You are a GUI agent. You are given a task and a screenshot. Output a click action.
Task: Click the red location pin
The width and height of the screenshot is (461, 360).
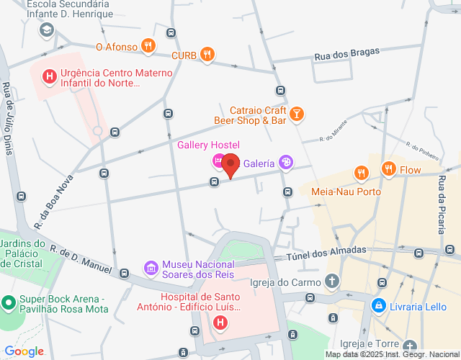[x=230, y=164]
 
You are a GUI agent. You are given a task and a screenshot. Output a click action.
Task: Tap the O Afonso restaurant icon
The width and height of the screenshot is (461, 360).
[x=148, y=46]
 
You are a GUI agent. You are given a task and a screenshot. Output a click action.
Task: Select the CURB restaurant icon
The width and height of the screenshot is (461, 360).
[x=207, y=53]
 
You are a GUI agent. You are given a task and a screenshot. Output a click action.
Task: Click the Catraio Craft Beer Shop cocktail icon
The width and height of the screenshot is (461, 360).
[x=296, y=114]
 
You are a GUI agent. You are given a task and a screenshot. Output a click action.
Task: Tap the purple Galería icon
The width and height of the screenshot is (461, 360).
[x=286, y=163]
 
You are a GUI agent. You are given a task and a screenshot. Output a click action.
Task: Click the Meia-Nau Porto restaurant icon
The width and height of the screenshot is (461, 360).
[x=362, y=173]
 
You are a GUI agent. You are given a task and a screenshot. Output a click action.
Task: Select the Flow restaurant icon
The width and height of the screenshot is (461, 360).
[x=389, y=169]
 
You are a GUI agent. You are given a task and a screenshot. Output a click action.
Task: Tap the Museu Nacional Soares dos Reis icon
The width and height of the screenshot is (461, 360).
[x=151, y=269]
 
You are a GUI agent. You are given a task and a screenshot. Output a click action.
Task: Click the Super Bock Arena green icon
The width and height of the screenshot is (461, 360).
[x=9, y=302]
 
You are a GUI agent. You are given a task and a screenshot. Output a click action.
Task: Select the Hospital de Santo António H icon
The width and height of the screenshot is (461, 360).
[x=220, y=325]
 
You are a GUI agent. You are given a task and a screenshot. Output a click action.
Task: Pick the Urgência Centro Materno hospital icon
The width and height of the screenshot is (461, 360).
[x=49, y=75]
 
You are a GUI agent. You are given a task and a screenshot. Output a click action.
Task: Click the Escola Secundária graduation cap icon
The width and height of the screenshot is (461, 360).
[x=47, y=30]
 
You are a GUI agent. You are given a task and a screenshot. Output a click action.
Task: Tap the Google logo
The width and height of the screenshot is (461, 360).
[x=24, y=351]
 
